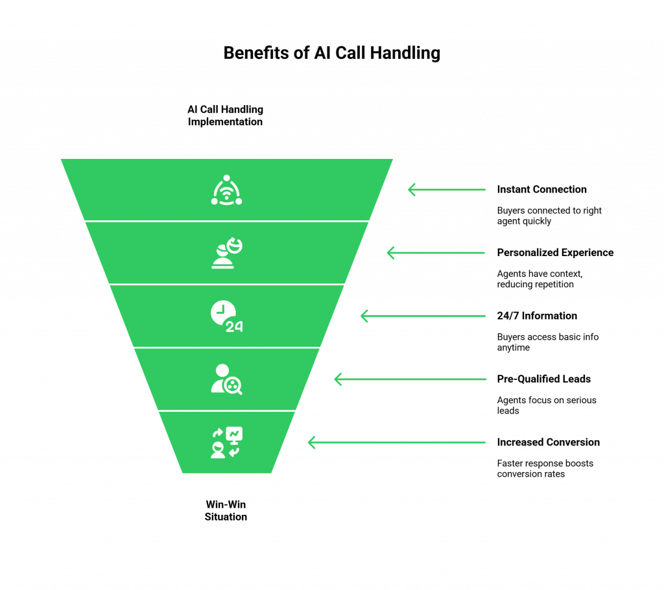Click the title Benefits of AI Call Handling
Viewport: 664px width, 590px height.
click(331, 53)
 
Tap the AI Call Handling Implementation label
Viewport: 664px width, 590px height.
click(226, 115)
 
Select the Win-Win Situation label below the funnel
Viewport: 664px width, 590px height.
click(226, 510)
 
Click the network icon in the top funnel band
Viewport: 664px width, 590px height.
click(226, 190)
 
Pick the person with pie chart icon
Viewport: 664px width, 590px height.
click(226, 253)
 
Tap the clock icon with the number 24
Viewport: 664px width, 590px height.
click(226, 316)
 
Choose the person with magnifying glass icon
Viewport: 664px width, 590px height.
click(226, 379)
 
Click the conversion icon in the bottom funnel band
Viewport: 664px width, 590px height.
click(226, 442)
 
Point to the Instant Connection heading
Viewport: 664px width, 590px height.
click(542, 189)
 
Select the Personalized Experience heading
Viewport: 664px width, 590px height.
click(555, 252)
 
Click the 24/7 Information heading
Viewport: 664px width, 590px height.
click(538, 316)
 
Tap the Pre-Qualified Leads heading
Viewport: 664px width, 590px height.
click(544, 379)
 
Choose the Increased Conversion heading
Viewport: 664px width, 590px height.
click(548, 442)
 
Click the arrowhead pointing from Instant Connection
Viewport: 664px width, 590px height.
click(411, 189)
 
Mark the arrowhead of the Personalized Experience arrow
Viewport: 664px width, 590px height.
click(390, 253)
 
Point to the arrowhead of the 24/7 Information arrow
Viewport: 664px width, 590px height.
click(364, 316)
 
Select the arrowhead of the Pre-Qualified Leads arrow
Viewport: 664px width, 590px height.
click(338, 379)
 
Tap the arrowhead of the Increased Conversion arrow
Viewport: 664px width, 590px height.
click(311, 442)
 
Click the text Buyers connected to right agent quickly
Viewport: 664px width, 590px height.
click(549, 216)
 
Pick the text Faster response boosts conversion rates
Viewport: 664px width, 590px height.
click(545, 469)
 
